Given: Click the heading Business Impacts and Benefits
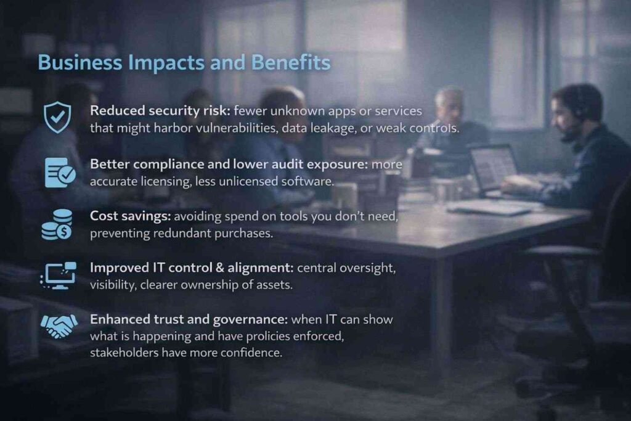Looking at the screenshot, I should pos(184,63).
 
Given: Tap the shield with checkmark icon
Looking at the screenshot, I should pos(57,117).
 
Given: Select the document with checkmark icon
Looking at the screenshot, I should pos(60,172).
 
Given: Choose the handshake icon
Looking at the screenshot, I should pos(59,325).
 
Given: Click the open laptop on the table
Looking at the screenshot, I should pos(493,170).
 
